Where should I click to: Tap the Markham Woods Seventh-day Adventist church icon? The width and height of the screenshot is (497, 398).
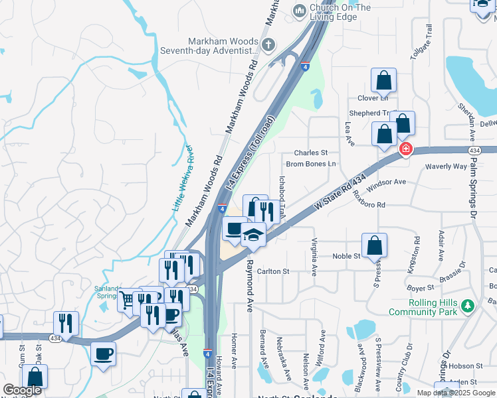(268, 45)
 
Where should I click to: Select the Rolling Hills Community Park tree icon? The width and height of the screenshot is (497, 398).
(469, 306)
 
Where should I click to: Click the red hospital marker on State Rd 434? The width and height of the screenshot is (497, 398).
(405, 151)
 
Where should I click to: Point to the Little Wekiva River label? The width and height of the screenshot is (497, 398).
(182, 178)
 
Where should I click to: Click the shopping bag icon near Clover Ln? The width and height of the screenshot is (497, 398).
(384, 81)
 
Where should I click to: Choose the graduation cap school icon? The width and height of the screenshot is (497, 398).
(253, 235)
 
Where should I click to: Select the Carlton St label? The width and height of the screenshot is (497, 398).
(273, 271)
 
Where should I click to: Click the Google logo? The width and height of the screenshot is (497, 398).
(22, 391)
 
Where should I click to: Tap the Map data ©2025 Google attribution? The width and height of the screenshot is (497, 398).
(456, 393)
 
